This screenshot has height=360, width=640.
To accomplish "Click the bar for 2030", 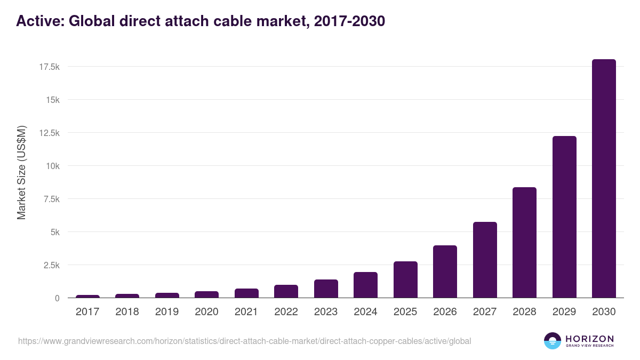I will click(604, 179).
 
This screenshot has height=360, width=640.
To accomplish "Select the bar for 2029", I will click(564, 217).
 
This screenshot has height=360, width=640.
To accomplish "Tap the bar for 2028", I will click(524, 243).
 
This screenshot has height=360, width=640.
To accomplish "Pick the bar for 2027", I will click(485, 260).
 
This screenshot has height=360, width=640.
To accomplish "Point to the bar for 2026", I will click(445, 271).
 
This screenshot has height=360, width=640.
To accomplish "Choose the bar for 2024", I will click(365, 285).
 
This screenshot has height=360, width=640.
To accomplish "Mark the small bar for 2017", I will click(87, 296).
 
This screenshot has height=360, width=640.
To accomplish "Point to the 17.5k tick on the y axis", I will click(49, 67).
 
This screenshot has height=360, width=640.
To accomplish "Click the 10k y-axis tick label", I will click(52, 166).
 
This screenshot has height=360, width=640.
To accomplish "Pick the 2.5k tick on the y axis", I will click(51, 265).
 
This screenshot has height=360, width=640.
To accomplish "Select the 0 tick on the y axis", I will click(57, 298).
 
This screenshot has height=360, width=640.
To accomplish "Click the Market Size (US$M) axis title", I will click(21, 172).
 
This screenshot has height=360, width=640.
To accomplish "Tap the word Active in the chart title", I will click(39, 21).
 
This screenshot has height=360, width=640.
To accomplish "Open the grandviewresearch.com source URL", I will click(244, 341).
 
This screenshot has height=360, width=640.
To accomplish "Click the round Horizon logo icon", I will click(552, 341).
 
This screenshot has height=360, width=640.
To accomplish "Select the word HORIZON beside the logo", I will click(589, 338).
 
